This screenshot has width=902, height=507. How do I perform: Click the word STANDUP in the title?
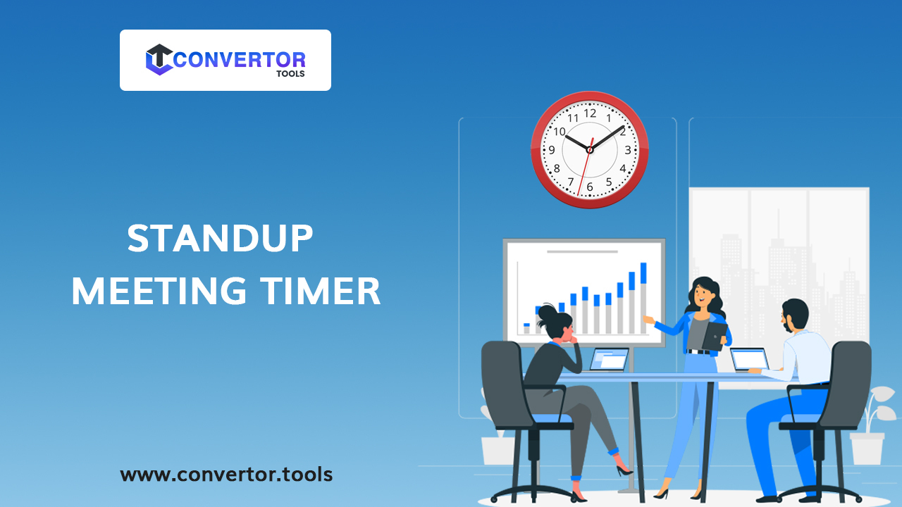[220, 239]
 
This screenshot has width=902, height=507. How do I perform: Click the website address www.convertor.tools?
[226, 474]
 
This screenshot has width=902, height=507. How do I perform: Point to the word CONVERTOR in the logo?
[239, 59]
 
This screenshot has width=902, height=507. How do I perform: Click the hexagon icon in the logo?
[159, 60]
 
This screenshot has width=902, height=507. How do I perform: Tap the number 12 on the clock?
[590, 113]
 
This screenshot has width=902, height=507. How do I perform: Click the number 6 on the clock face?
[590, 187]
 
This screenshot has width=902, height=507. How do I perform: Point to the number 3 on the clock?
[627, 150]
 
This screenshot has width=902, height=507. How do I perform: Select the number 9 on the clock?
[552, 150]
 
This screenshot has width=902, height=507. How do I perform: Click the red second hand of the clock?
[583, 173]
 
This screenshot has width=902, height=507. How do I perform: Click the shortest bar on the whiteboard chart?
[526, 328]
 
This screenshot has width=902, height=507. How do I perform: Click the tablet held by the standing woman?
[714, 336]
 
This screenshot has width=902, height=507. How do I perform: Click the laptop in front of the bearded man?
[748, 359]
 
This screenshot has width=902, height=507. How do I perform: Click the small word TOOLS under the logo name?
[291, 74]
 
